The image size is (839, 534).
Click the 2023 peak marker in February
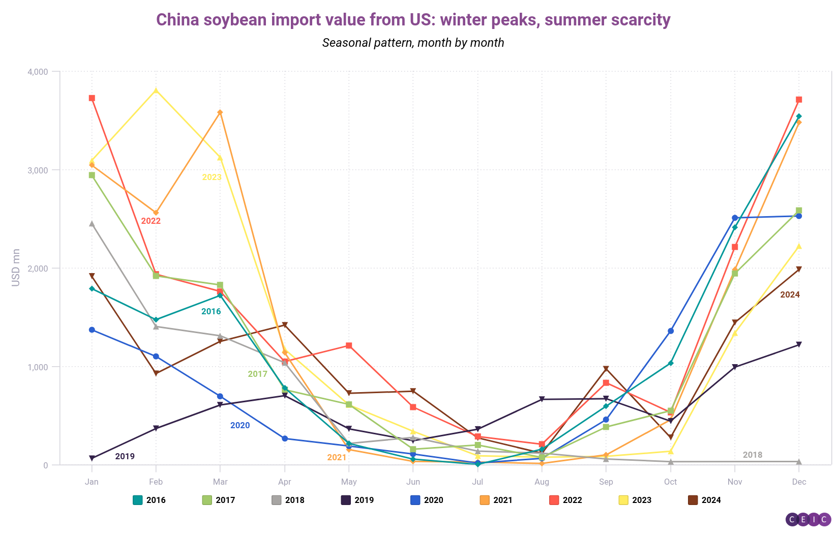coord(156,91)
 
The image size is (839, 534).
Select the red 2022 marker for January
coord(92,98)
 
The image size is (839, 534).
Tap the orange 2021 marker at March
coord(220,112)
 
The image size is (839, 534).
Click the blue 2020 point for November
coord(735,218)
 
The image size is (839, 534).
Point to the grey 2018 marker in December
coord(799,462)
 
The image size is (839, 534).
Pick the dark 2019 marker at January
coord(92,458)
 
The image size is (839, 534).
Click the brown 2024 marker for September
coord(606,369)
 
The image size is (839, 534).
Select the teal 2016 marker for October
coord(671,363)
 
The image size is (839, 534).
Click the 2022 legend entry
coord(565,500)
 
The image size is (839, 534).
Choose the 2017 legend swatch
coord(207,500)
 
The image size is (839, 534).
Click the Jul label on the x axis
coord(477,482)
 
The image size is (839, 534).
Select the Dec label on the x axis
coord(799,482)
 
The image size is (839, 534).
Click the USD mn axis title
coord(16,268)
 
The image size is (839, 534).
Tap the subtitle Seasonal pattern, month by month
coord(413,43)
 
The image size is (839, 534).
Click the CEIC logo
coord(808,519)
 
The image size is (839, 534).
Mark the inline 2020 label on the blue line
coord(240,425)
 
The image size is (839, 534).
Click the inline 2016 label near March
coord(211,311)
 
